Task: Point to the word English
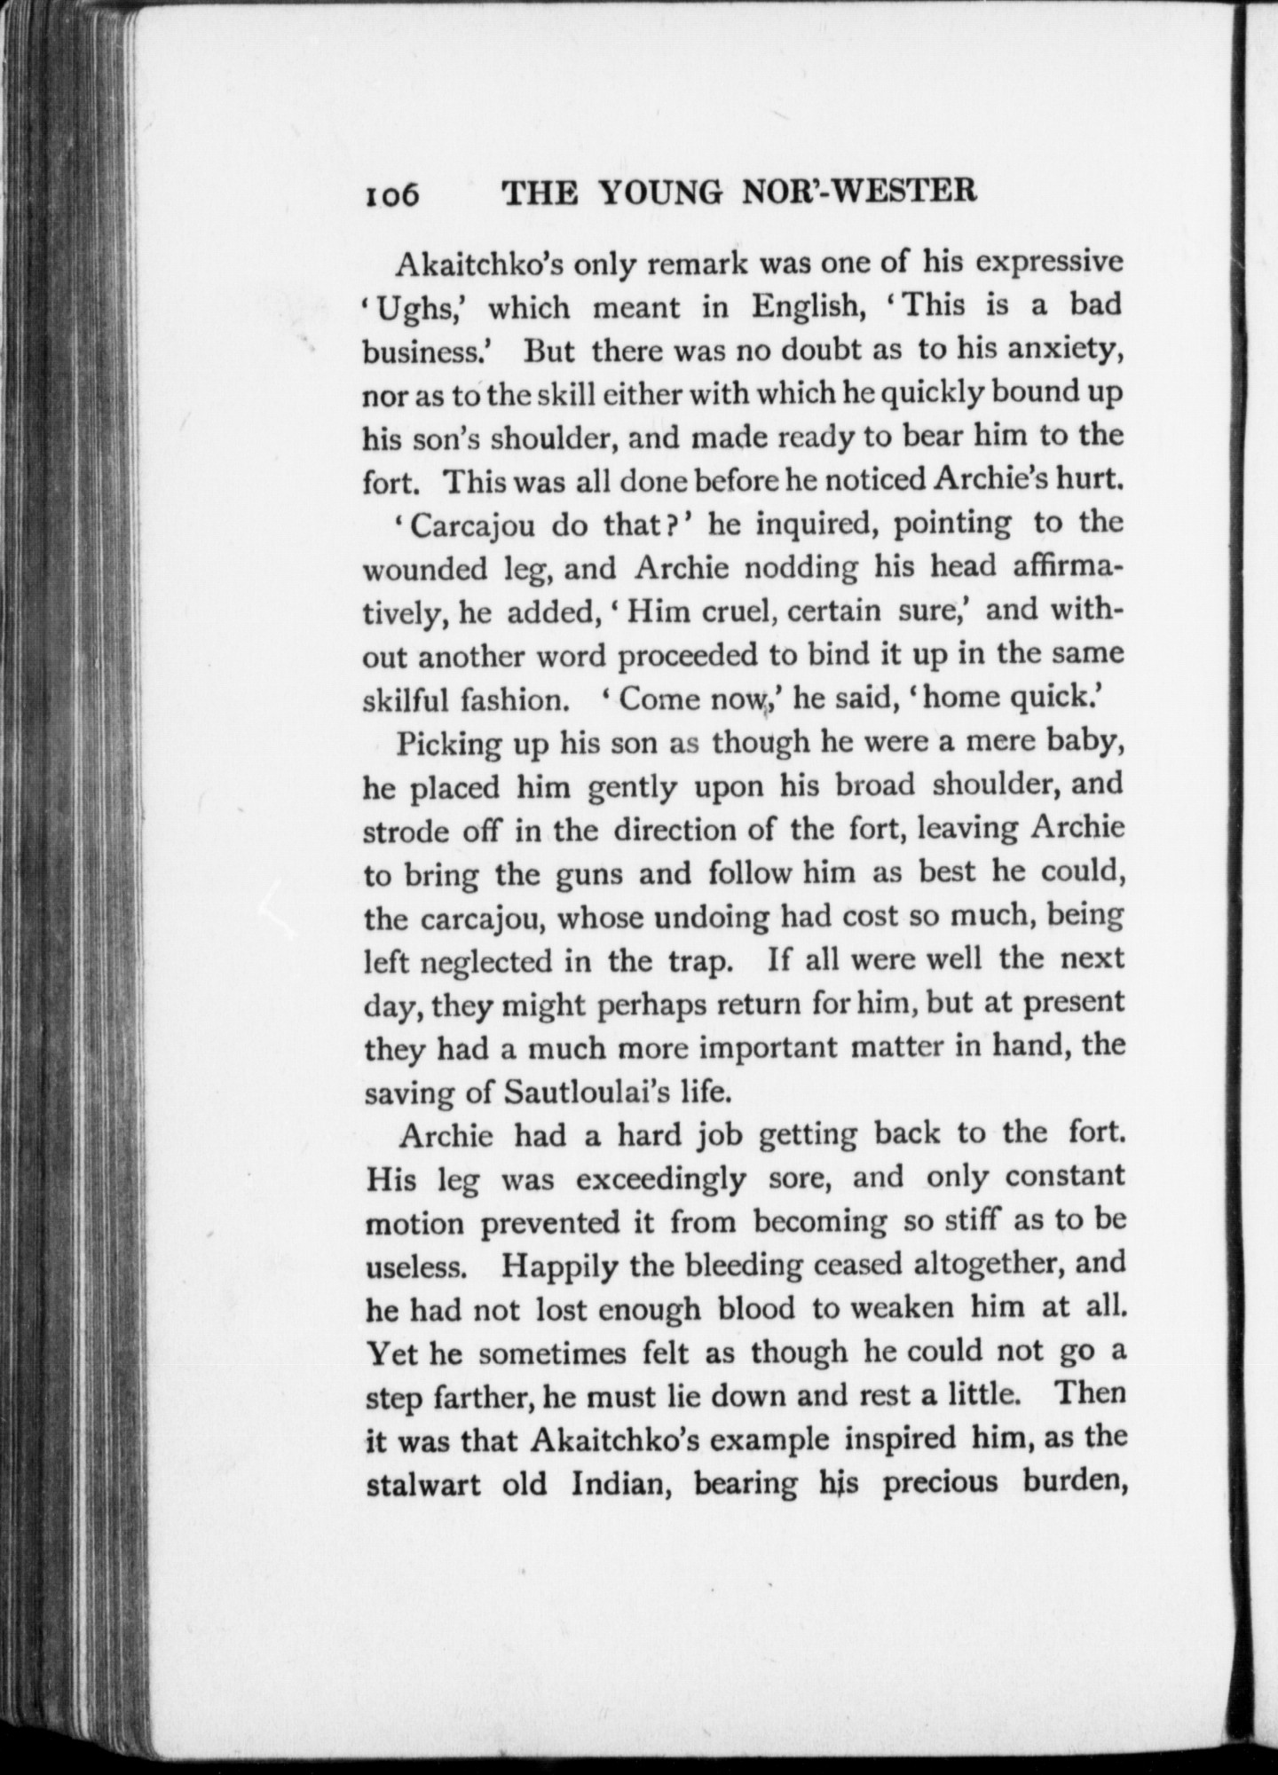coord(809,307)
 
